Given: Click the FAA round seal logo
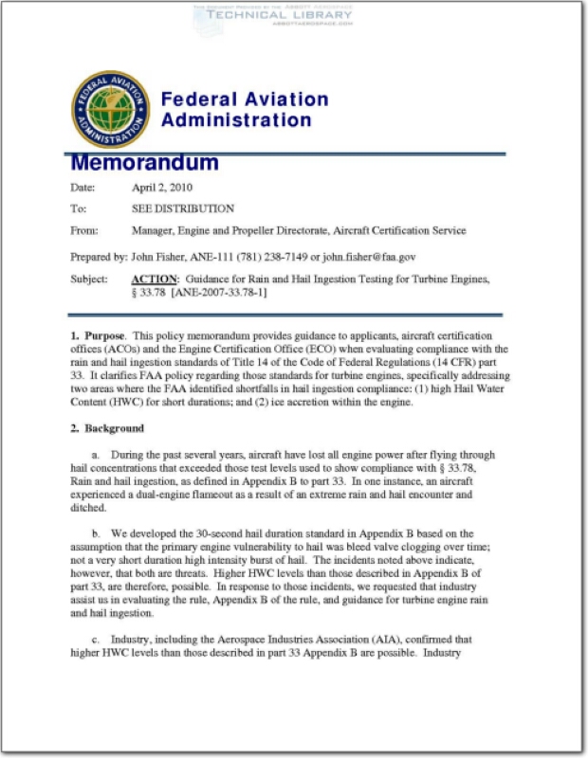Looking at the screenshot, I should [110, 109].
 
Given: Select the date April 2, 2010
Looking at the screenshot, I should [162, 187].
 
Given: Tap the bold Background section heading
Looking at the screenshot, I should [113, 428].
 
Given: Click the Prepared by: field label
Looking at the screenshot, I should [99, 256].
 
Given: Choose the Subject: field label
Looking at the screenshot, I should [90, 279].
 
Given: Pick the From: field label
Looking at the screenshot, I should [84, 230].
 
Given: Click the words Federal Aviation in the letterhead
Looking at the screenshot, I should [244, 99].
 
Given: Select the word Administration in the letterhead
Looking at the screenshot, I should [235, 120].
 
